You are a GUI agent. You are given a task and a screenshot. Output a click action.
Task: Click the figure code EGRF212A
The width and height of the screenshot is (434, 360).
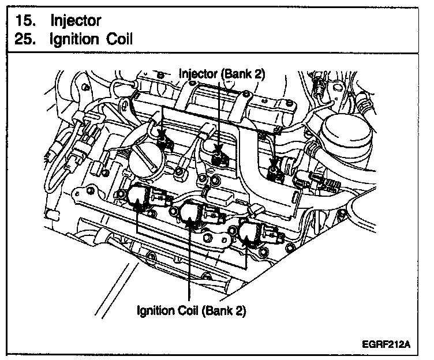tap(388, 344)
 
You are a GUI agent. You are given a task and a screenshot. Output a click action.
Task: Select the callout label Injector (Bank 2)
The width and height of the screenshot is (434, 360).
tap(222, 73)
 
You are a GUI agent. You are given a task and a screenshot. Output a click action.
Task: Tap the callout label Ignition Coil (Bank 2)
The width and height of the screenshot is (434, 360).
tap(191, 311)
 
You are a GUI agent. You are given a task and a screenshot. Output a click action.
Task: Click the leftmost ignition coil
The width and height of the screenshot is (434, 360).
tap(140, 197)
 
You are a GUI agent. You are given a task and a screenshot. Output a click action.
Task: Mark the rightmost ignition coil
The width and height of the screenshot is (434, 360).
tap(250, 233)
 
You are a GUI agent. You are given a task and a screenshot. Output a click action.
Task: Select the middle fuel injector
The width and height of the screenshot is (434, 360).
tap(219, 153)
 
